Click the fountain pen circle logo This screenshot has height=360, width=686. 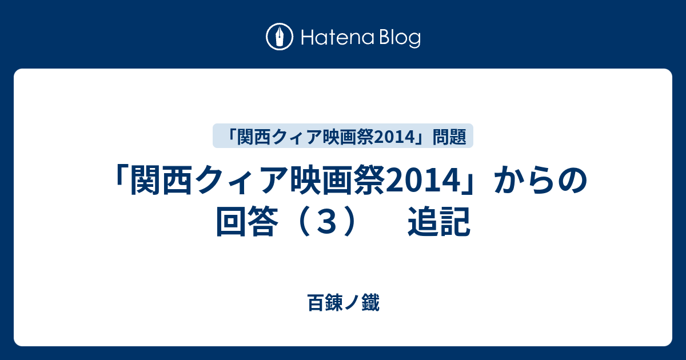coord(280,37)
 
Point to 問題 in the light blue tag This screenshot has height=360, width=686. coord(449,137)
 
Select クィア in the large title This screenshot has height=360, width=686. coord(241,181)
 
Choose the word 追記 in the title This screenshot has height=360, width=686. coord(439,222)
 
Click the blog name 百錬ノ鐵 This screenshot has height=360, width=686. coord(344,302)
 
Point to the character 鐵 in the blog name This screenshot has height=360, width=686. coord(370,302)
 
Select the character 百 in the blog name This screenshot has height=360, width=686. coord(316,302)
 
